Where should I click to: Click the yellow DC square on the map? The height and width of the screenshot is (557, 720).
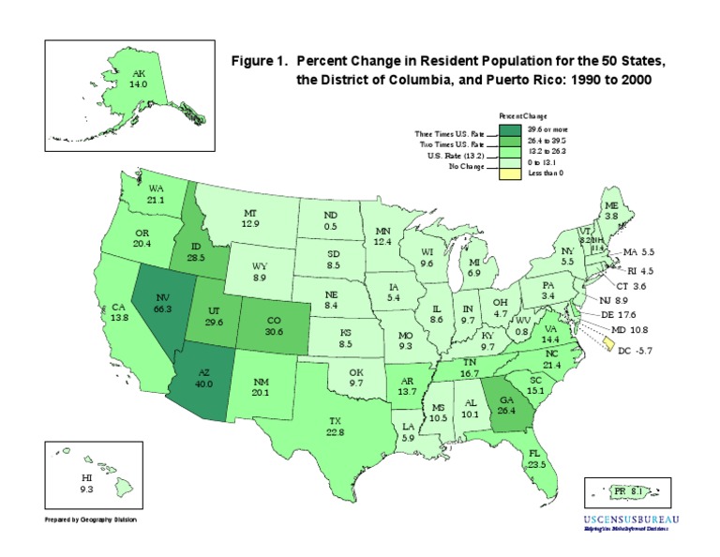(610, 345)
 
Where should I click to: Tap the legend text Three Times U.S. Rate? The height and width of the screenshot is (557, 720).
(449, 134)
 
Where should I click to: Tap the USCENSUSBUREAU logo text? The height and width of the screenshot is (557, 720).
(632, 519)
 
